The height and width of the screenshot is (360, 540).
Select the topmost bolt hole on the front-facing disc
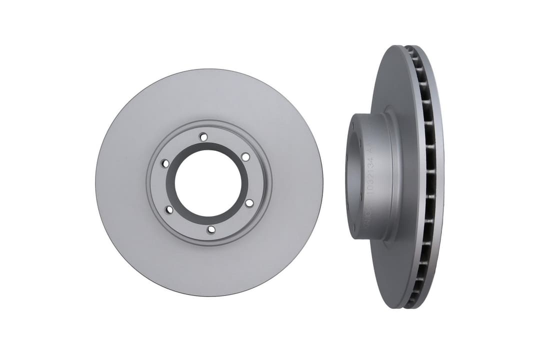(203, 136)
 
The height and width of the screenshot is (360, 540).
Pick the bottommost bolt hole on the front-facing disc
(211, 229)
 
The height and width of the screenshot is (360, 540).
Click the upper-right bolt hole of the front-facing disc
(245, 157)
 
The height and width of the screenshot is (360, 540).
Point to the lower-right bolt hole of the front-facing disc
(249, 203)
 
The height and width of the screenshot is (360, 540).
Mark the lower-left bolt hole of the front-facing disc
(168, 209)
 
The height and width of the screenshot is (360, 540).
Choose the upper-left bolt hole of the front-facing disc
(164, 163)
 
